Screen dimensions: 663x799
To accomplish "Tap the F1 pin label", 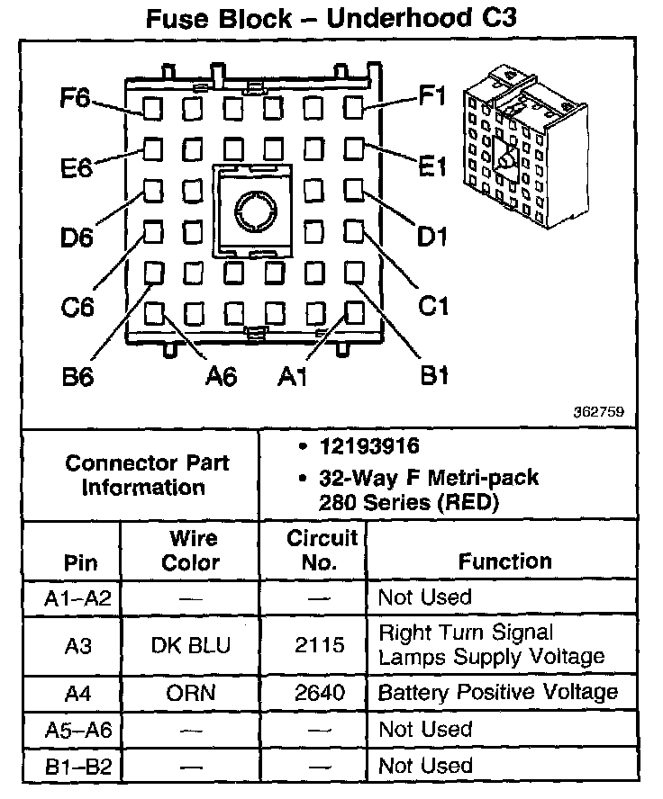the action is click(432, 96).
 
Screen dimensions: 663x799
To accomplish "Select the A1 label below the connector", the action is click(294, 376).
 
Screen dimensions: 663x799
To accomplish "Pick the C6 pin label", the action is click(77, 307).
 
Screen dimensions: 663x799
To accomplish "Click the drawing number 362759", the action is click(597, 412).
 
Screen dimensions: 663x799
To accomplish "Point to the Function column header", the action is click(504, 561).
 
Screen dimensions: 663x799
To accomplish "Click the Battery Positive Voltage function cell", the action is click(498, 693).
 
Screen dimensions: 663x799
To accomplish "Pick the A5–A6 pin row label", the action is click(77, 729).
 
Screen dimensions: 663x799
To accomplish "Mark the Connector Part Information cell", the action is click(147, 476).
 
